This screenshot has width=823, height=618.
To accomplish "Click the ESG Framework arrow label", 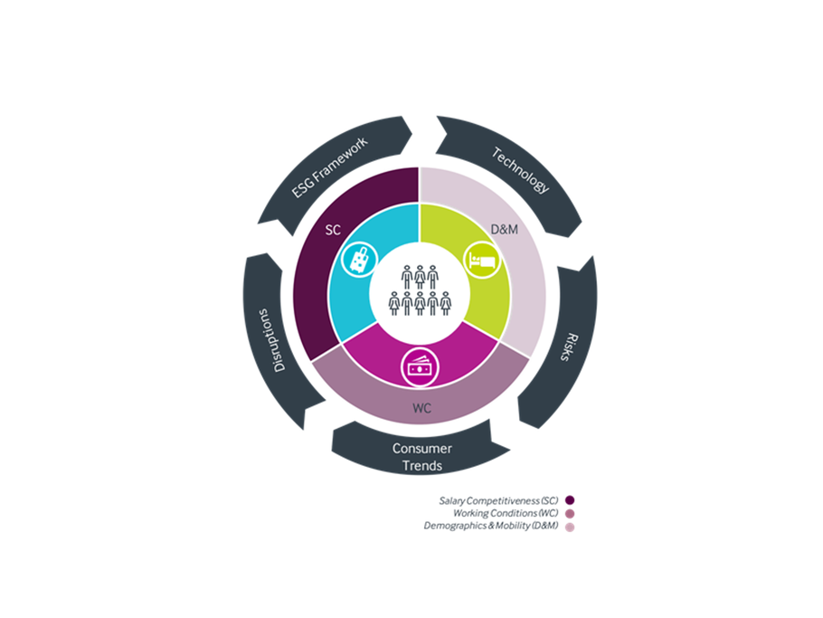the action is (x=329, y=167).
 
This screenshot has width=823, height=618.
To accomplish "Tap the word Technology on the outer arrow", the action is (x=521, y=169).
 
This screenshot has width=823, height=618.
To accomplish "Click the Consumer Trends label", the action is (x=422, y=457).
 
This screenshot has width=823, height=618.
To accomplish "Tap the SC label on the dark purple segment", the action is (x=333, y=230).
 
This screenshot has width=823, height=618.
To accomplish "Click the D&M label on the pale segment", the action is (x=504, y=230).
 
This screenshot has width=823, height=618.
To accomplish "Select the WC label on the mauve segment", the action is (x=422, y=408).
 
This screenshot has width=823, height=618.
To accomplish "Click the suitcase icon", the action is (x=360, y=260).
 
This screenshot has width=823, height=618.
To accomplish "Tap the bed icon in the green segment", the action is (x=482, y=260).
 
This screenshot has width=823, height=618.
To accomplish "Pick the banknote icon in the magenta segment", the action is (x=420, y=368).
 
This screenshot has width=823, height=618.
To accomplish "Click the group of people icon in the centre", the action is (x=420, y=290).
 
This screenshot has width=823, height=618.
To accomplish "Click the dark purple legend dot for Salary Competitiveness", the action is (x=570, y=500).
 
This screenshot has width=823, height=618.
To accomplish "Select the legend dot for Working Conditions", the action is (x=570, y=514).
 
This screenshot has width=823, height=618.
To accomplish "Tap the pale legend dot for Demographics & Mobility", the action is (x=570, y=527).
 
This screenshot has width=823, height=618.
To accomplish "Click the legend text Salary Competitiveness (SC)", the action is (x=498, y=501).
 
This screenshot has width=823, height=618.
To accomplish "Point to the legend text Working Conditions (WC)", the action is (x=506, y=514).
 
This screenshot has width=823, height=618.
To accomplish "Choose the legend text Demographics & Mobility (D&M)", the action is (x=491, y=526).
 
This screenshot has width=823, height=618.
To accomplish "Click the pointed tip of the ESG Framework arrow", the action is (x=412, y=135).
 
